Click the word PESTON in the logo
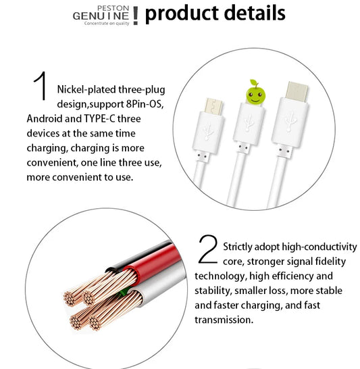tap(113, 8)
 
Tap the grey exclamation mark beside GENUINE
tap(136, 16)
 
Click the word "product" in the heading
tap(182, 14)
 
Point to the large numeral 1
tap(41, 86)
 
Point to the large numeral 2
tap(208, 249)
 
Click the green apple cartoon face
tap(255, 94)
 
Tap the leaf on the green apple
tap(253, 82)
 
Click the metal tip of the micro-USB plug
tap(213, 106)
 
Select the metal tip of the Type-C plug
tap(297, 91)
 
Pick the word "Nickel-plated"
tap(86, 90)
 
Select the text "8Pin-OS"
tap(145, 104)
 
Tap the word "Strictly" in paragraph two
tap(238, 247)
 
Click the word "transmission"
tap(224, 320)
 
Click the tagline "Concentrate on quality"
tap(107, 23)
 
